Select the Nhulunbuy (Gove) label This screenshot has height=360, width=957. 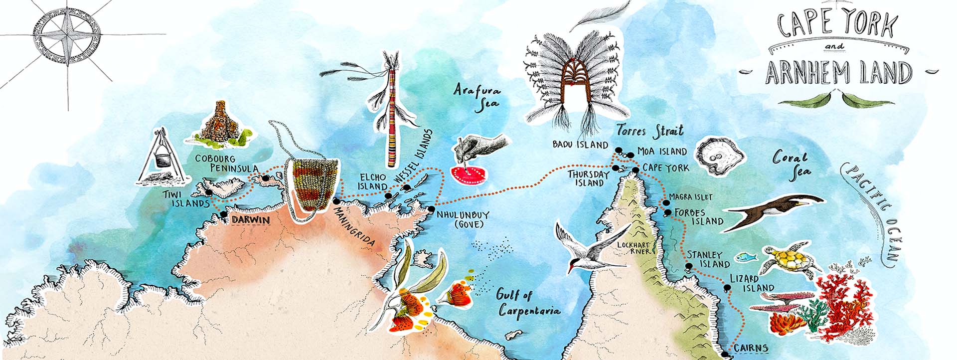click(x=462, y=219)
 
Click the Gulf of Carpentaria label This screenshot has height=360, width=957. click(x=527, y=302)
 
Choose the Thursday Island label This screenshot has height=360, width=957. click(x=589, y=179)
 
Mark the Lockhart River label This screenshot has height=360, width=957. click(x=634, y=248)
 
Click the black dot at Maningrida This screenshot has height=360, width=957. click(x=336, y=201)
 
